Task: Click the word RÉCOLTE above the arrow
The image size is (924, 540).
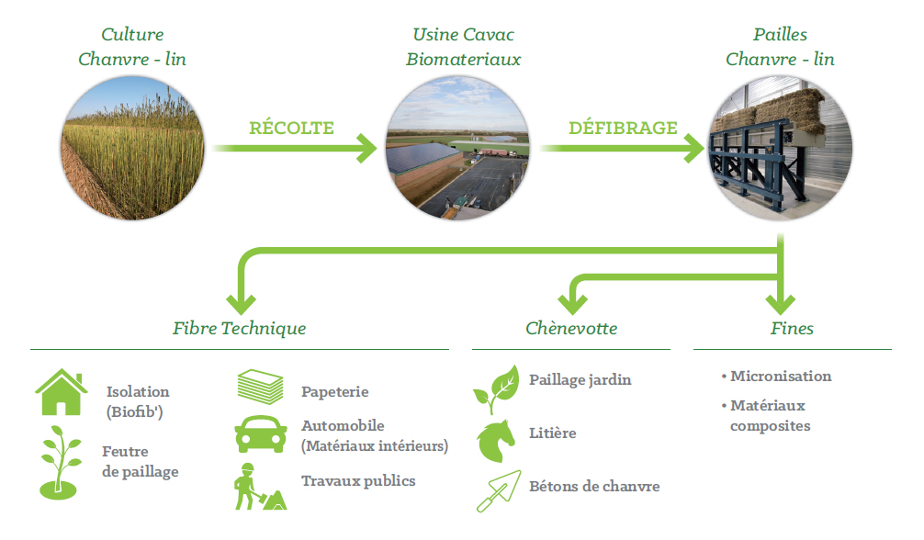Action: click(291, 128)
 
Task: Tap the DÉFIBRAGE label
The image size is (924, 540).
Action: click(623, 128)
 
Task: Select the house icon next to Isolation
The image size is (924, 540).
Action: click(61, 392)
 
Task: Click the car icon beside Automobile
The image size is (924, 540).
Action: click(261, 434)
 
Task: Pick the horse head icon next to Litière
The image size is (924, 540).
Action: click(496, 441)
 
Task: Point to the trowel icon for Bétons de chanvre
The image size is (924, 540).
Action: click(499, 491)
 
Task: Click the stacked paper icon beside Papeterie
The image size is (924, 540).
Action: click(261, 387)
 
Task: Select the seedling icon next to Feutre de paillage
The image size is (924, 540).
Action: click(59, 463)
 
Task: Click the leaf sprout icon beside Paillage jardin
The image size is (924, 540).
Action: click(496, 389)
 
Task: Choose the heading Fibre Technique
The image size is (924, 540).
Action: click(239, 329)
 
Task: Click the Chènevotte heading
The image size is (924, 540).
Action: click(571, 329)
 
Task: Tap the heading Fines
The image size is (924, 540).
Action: click(792, 329)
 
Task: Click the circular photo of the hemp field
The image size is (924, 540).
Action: click(133, 148)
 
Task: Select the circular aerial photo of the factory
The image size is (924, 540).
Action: click(457, 148)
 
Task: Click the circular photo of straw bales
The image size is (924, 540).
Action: click(780, 148)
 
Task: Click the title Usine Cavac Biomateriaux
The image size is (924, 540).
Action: click(463, 47)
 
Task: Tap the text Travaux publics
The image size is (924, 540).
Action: click(358, 481)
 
